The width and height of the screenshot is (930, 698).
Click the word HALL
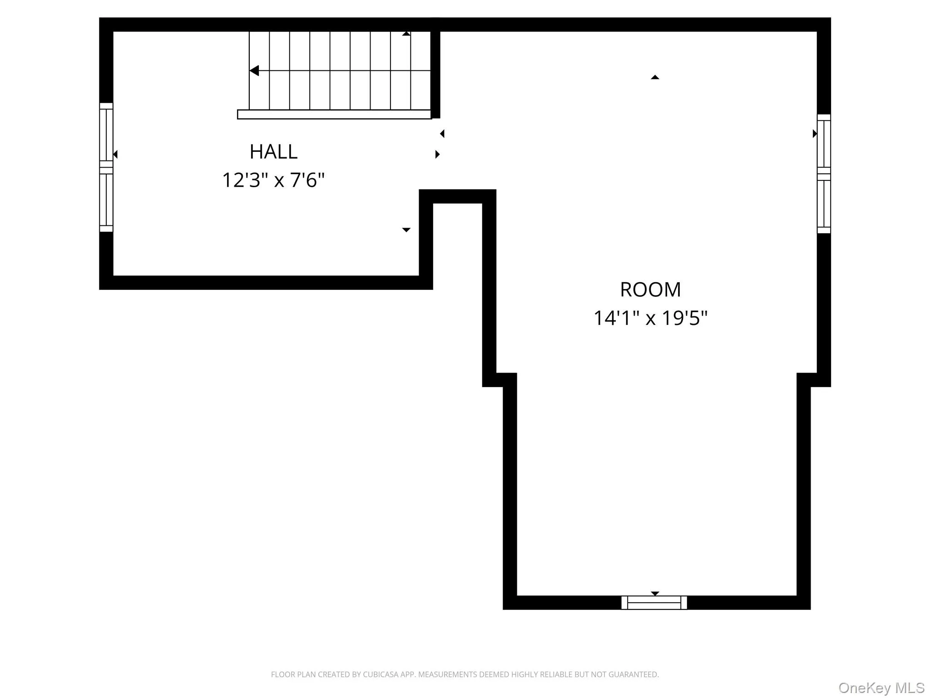coord(273,152)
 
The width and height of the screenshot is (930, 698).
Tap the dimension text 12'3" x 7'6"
coord(273,180)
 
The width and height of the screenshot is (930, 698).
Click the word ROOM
coord(650,290)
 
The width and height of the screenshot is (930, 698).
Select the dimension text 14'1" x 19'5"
coord(650,318)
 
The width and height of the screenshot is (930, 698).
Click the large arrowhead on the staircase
coord(254,71)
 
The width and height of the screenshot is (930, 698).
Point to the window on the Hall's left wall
coord(106,167)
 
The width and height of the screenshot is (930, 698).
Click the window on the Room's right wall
coord(823,174)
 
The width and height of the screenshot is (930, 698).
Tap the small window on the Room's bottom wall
coord(654,603)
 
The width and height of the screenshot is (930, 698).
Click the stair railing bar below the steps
coord(334,115)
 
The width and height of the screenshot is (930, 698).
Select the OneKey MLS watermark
coord(881,688)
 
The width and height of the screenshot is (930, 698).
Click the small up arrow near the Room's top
coord(654,78)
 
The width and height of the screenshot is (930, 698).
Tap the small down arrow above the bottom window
coord(654,593)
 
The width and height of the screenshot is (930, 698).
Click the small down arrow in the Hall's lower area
coord(406,230)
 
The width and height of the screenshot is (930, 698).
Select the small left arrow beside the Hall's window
coord(115,155)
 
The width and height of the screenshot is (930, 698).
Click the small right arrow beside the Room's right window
coord(815,134)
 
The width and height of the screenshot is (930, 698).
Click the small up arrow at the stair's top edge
coord(406,34)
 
